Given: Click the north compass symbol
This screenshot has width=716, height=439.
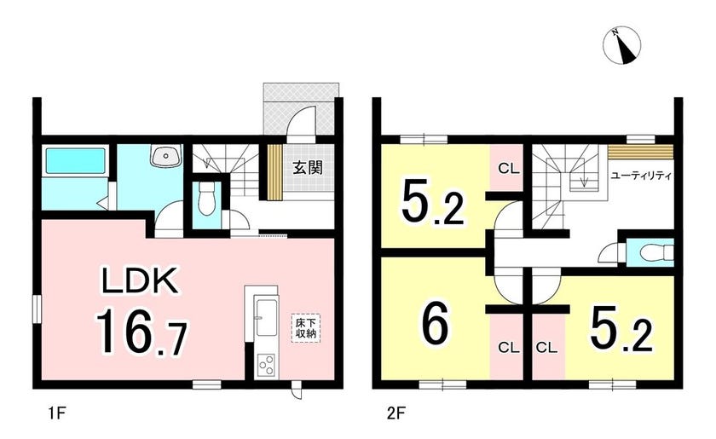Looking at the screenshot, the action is (621, 45).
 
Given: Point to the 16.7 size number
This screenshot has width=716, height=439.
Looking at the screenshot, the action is (141, 332).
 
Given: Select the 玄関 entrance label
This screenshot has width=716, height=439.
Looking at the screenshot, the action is (308, 168).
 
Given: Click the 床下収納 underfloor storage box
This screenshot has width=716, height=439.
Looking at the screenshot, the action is (305, 328).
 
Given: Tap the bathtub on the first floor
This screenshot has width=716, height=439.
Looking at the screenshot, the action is (75, 160).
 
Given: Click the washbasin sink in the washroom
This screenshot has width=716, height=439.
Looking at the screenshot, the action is (165, 157).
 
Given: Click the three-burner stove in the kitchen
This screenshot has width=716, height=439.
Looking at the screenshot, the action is (266, 365).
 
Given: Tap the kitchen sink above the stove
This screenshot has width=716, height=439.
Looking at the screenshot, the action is (266, 317).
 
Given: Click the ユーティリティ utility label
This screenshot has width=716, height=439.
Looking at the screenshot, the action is (641, 176).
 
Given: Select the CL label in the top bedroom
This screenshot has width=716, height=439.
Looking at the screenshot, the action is (509, 169).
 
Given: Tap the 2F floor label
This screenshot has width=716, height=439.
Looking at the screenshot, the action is (396, 414).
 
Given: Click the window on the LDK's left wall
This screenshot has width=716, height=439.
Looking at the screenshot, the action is (37, 309).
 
